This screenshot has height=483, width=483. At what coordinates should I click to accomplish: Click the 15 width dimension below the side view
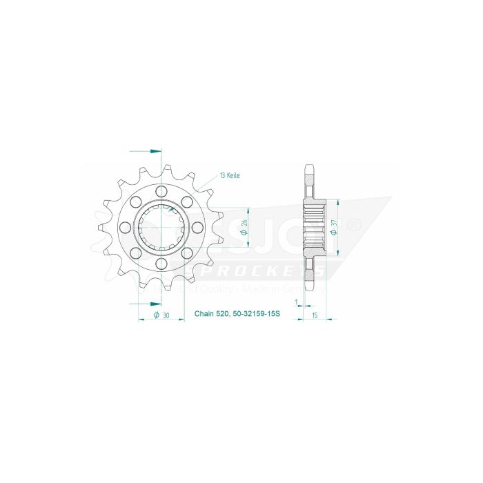(314, 315)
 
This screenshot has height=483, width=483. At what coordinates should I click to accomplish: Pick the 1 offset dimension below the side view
(295, 302)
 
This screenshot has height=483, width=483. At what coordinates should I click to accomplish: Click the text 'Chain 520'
(210, 315)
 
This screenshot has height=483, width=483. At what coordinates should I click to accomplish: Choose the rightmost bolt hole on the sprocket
(197, 228)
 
